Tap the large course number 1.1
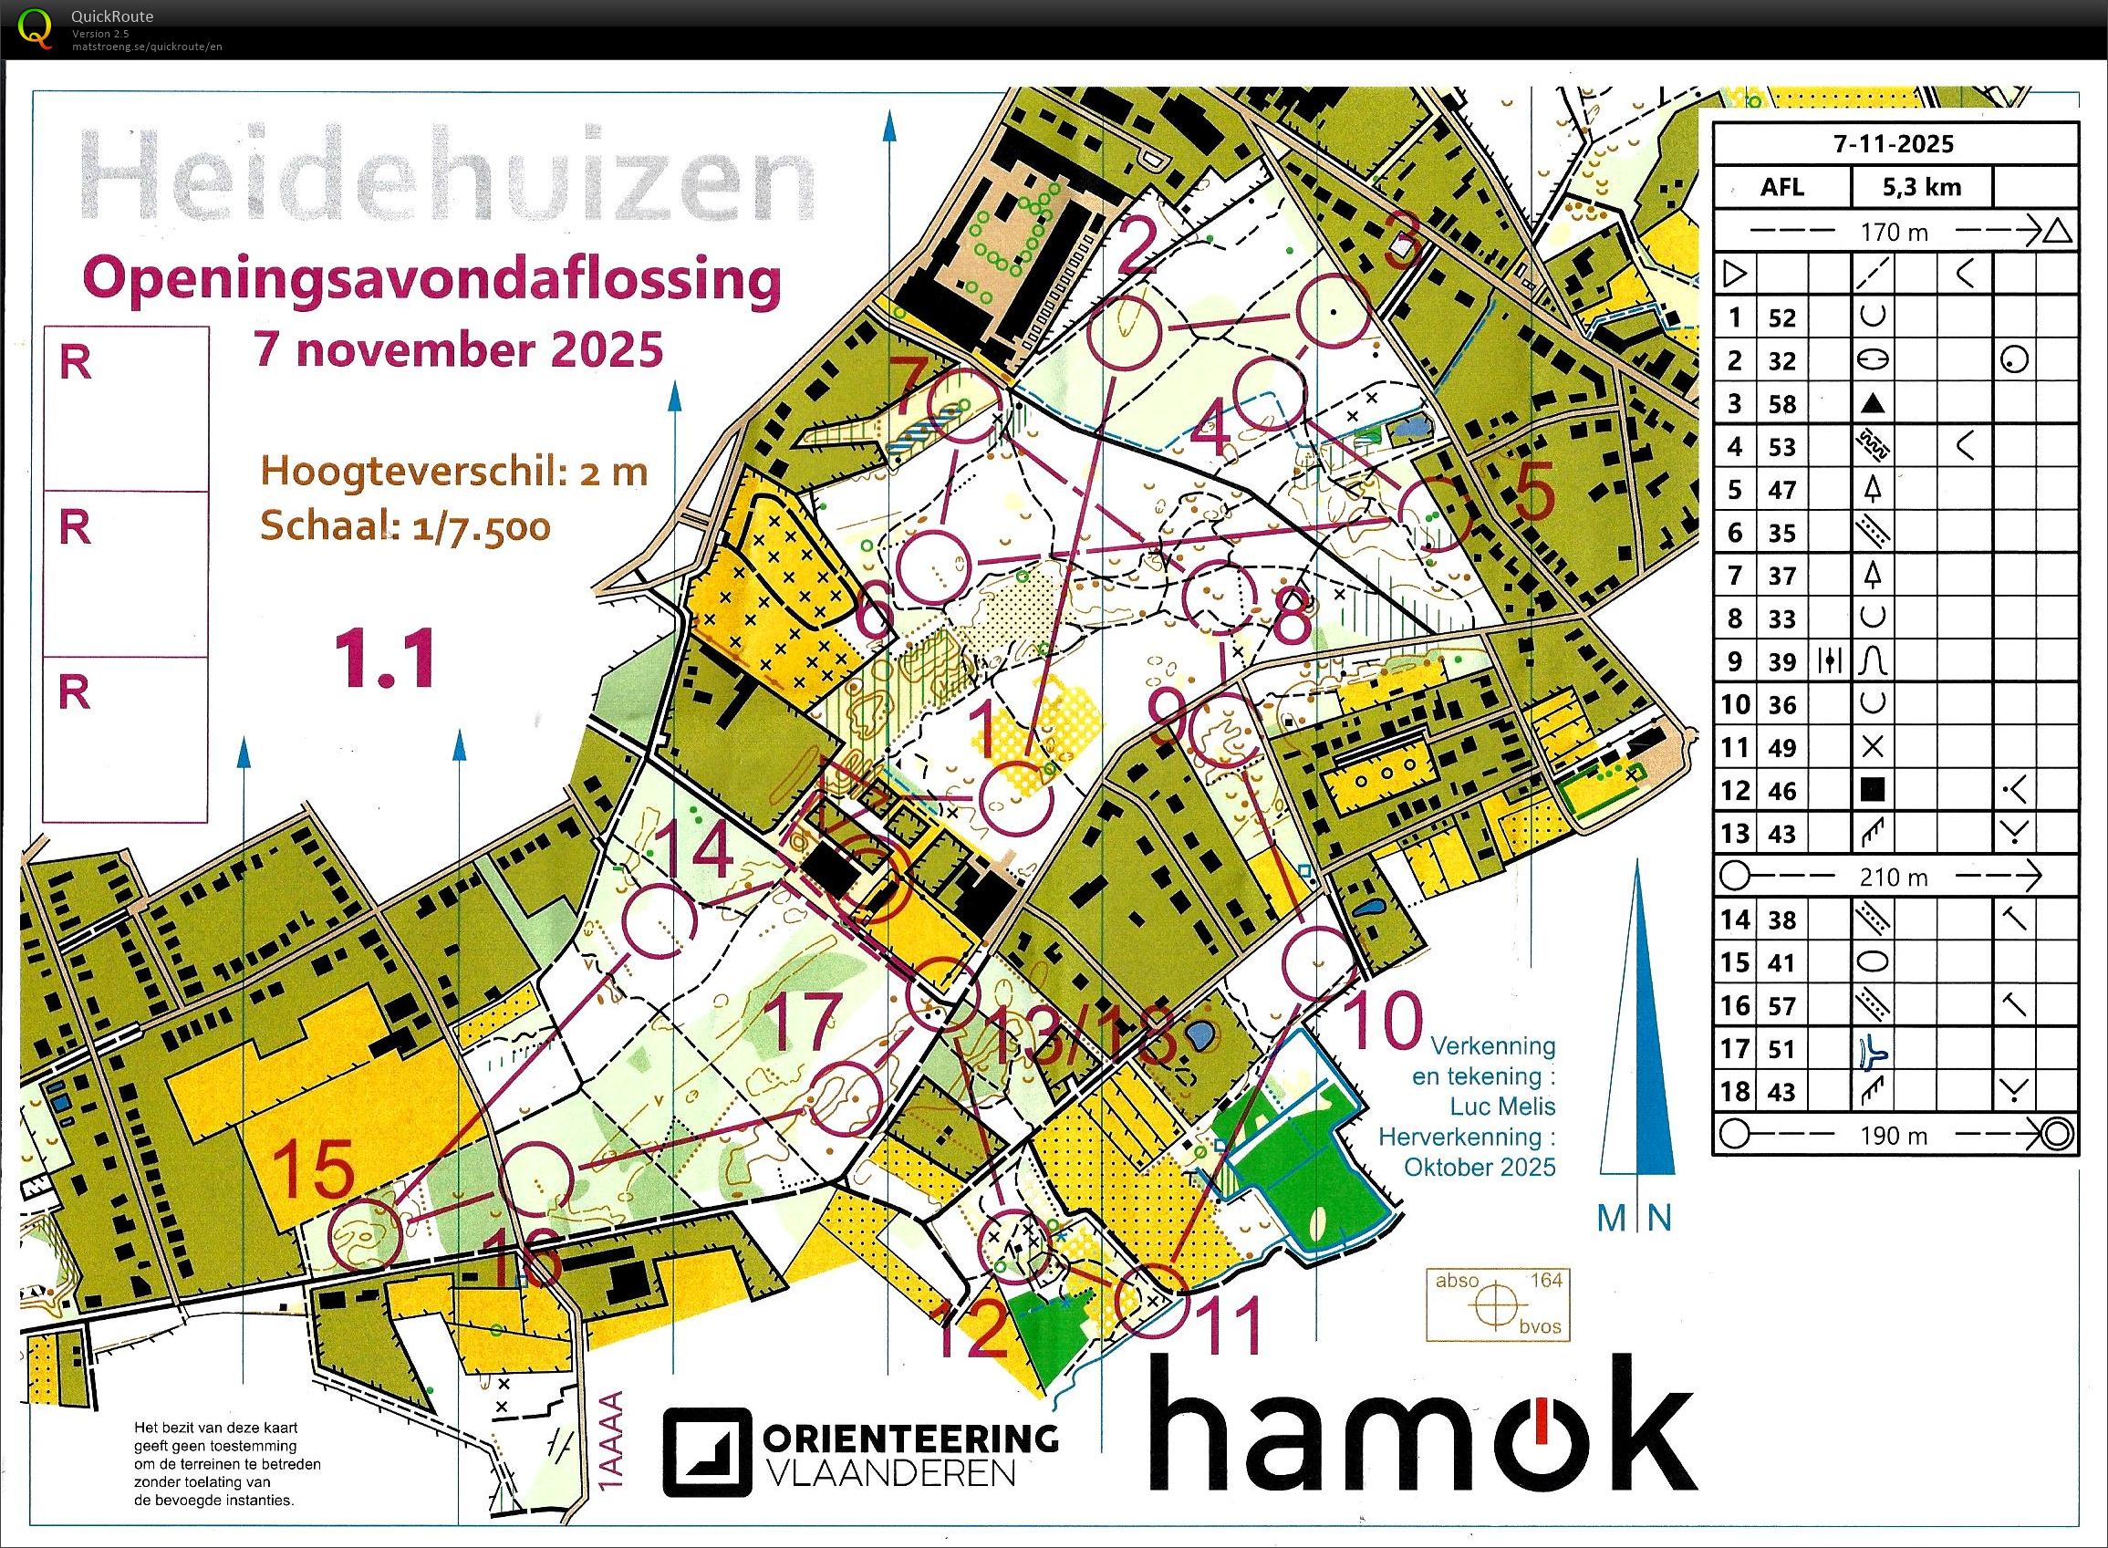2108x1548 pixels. coord(387,658)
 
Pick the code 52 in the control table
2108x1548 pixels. coord(1781,317)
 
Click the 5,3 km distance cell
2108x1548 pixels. coord(1921,186)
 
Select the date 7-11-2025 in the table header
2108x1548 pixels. coord(1894,143)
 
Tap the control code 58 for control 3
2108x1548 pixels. coord(1781,404)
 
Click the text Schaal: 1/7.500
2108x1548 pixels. coord(405,526)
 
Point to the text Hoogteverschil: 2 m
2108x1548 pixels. coord(453,471)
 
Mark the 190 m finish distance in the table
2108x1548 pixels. coord(1893,1136)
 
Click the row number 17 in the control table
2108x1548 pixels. coord(1734,1050)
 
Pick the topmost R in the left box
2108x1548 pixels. coord(75,364)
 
